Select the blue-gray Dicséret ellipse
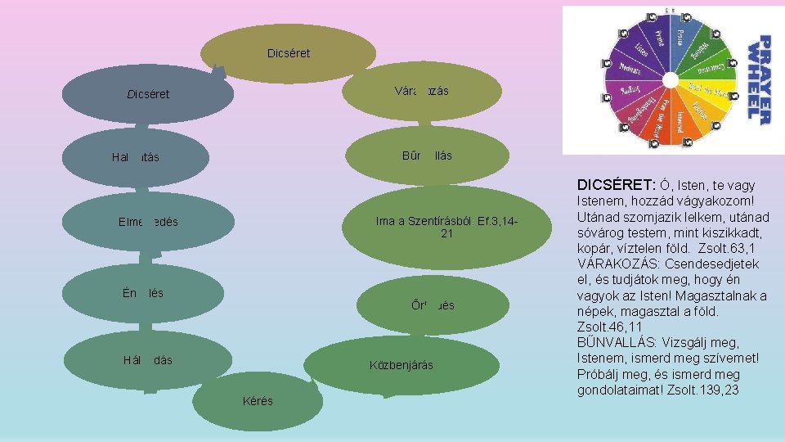pyautogui.click(x=148, y=94)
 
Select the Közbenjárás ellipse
pyautogui.click(x=401, y=364)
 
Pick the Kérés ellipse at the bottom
pyautogui.click(x=258, y=401)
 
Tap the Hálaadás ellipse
pyautogui.click(x=146, y=360)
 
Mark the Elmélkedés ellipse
pyautogui.click(x=148, y=221)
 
